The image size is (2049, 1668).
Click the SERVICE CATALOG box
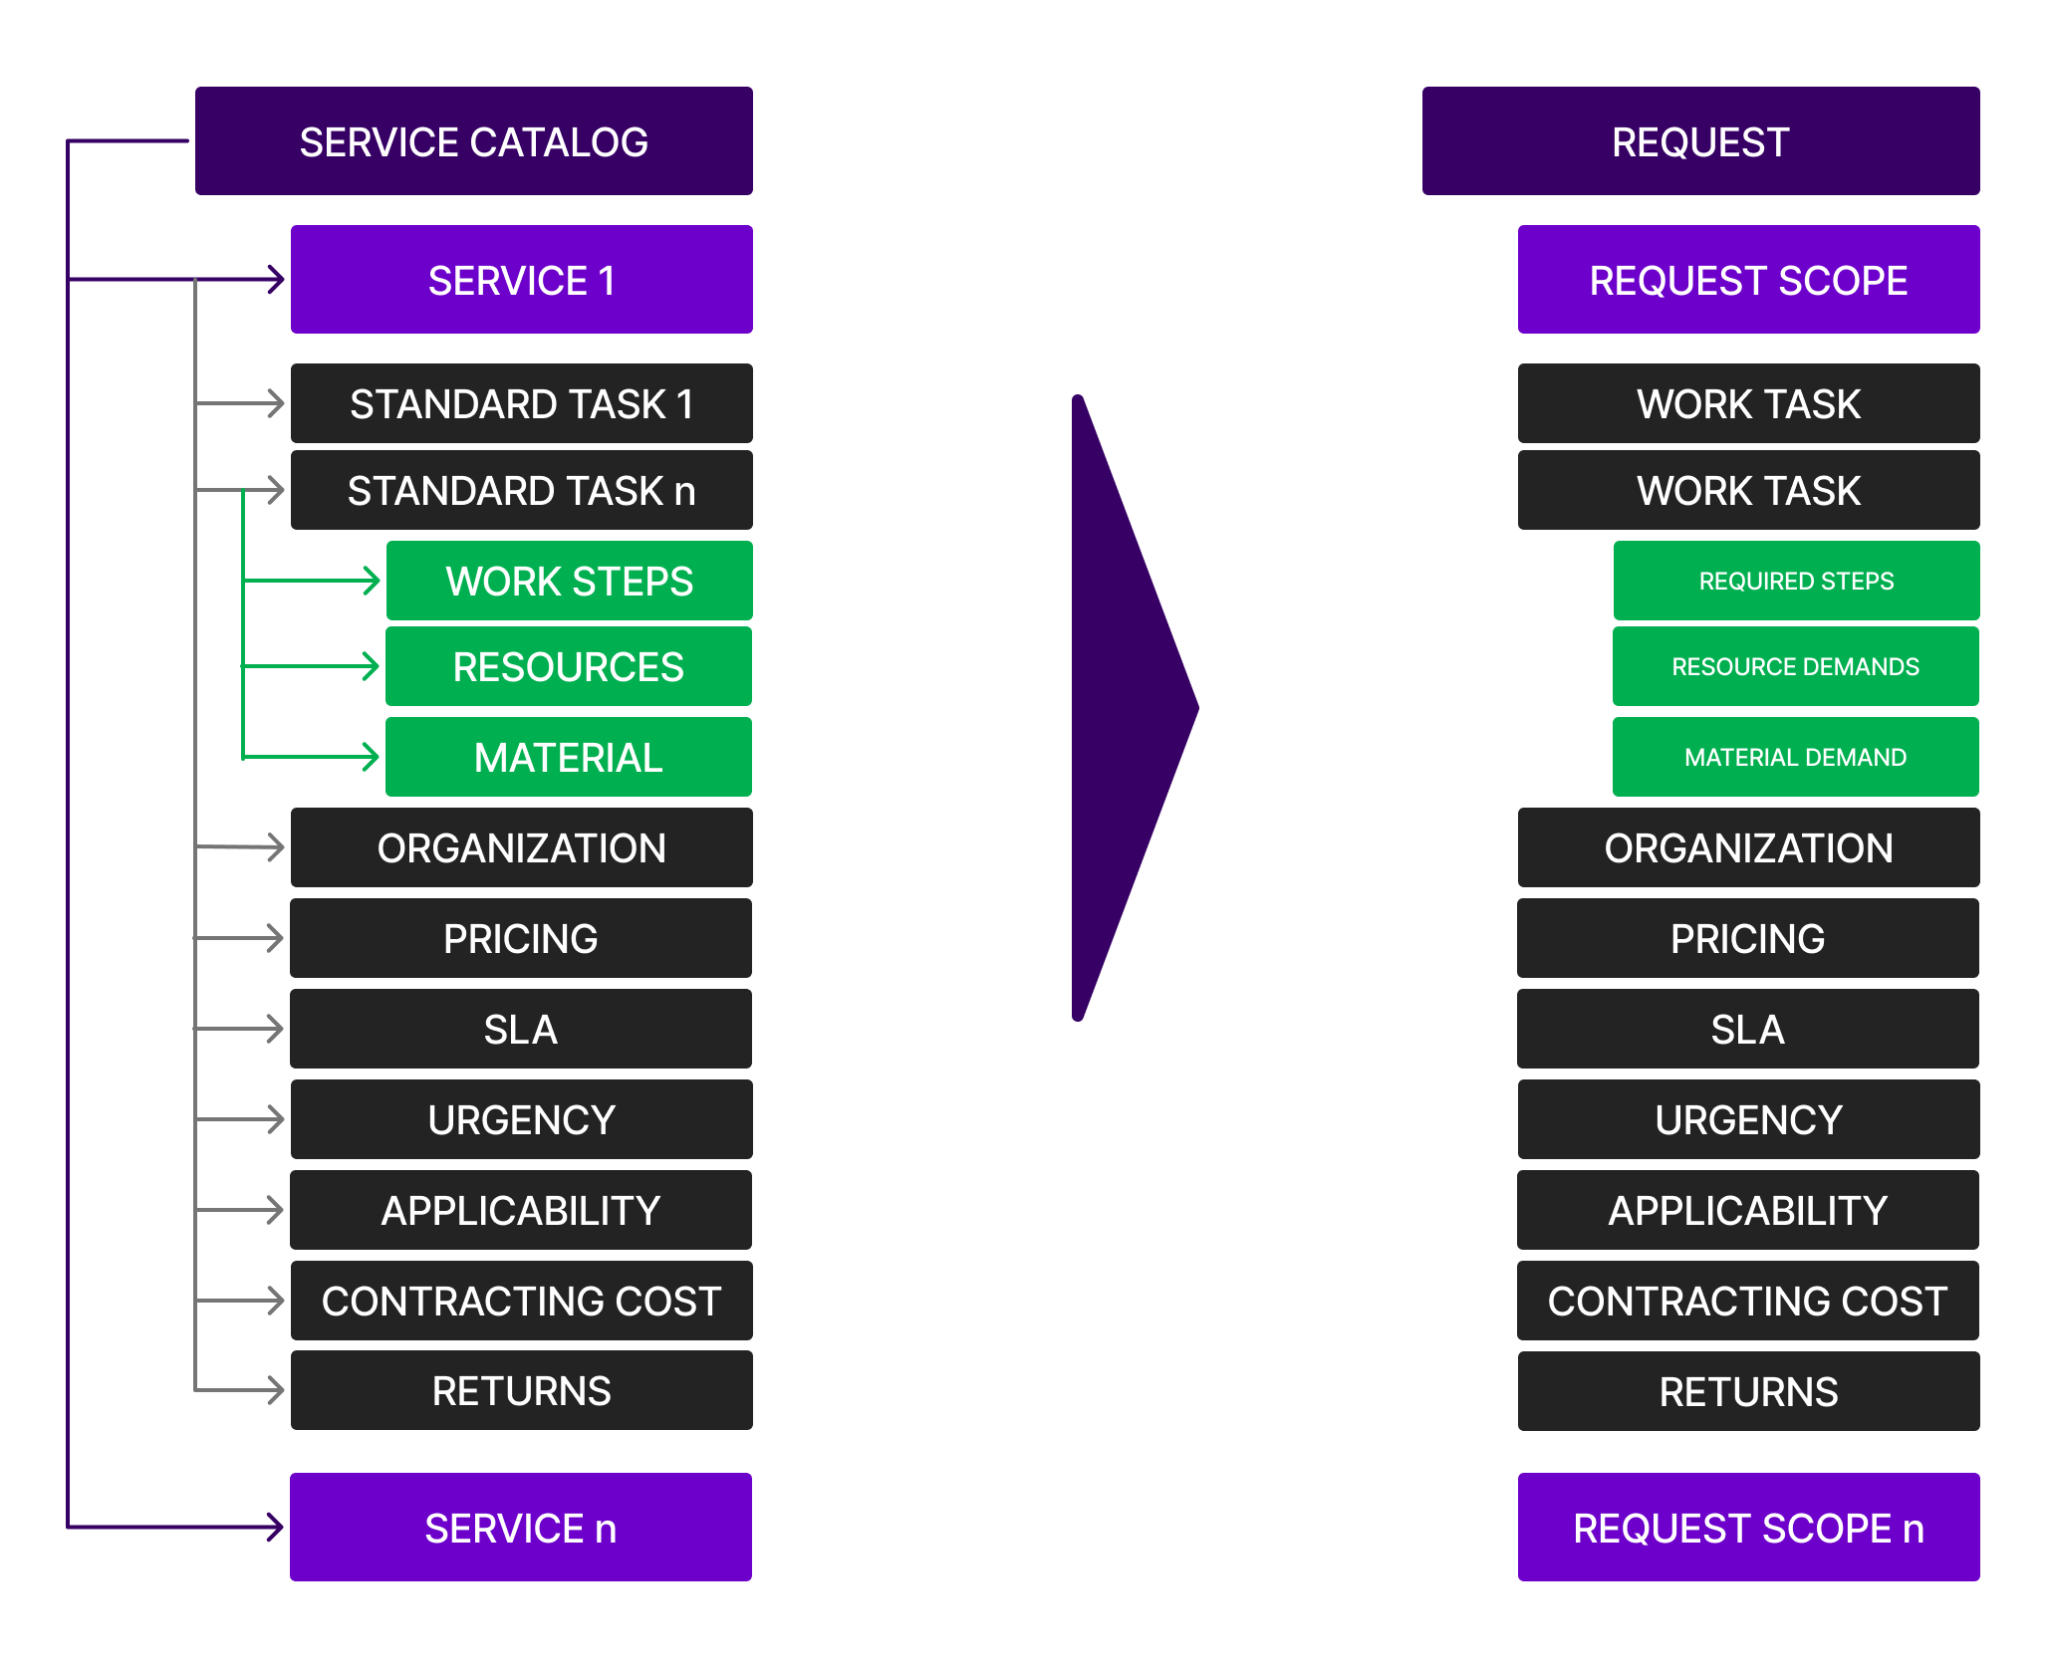coord(473,140)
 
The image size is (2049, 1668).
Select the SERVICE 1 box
coord(521,279)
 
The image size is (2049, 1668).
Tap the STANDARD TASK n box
coord(521,490)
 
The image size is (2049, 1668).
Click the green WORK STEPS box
coord(569,581)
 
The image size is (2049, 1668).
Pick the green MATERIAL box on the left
coord(568,757)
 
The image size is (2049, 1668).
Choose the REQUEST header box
coord(1700,140)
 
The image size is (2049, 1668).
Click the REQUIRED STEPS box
coord(1796,581)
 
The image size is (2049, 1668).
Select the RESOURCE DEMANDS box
coord(1795,666)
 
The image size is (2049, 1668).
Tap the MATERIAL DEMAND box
coord(1795,757)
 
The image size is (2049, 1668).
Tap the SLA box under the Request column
coord(1747,1029)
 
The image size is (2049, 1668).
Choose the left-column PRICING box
coord(521,938)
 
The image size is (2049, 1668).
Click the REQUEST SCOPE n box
coord(1748,1527)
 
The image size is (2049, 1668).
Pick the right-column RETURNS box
coord(1748,1391)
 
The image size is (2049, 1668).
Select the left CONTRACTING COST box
coord(521,1301)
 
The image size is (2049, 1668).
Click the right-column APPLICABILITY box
coord(1747,1210)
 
